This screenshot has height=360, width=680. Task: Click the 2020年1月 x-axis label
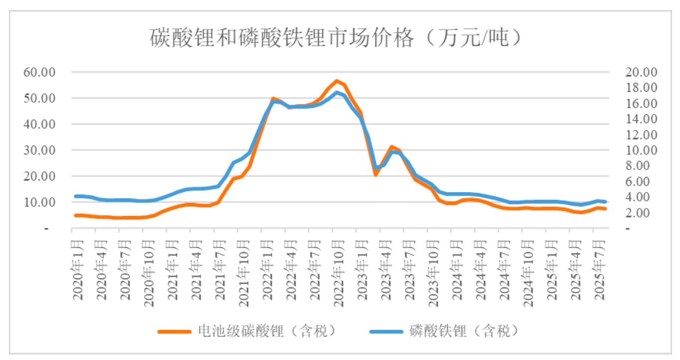tap(78, 270)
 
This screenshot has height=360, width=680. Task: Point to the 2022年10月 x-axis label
tap(339, 272)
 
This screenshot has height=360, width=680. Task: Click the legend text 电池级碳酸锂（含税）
tap(266, 331)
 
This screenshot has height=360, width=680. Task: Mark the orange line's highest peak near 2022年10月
tap(337, 81)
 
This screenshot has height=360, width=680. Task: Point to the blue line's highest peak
tap(337, 92)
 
